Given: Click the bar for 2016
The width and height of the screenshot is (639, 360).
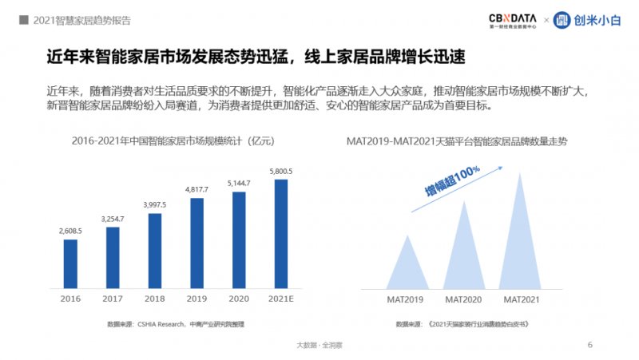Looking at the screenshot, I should (70, 264).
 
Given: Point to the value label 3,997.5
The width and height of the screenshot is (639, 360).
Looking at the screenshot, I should (155, 204).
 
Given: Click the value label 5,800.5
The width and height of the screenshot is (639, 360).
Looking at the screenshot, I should (281, 171).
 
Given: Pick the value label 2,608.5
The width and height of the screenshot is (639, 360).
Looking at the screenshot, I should (70, 231).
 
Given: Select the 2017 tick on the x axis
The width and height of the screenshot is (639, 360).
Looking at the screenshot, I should (113, 299).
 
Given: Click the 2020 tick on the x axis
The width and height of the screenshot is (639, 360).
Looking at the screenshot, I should (239, 299).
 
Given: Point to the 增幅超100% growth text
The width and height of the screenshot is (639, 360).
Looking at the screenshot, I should (452, 180).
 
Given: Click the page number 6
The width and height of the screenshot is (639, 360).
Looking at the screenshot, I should (589, 345).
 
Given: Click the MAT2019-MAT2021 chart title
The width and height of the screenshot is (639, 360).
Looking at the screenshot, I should (462, 142).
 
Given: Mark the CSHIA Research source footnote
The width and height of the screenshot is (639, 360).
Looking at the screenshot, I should (175, 324).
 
